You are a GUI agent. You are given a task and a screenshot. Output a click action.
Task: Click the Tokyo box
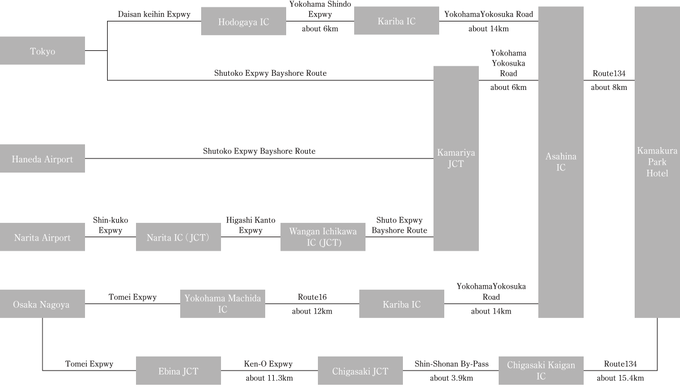pos(42,50)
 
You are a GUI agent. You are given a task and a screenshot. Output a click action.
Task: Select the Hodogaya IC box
pos(244,21)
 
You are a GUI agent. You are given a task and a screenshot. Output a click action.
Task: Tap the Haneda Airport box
pos(42,158)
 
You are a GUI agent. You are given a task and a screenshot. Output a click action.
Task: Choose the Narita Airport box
pos(42,237)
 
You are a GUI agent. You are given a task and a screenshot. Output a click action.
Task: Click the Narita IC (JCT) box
pos(178,237)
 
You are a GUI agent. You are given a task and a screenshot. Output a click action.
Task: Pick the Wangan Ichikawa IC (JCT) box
pos(323,237)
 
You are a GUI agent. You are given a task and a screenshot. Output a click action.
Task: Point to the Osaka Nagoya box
pos(42,304)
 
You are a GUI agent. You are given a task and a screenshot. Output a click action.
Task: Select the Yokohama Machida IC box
pos(223,304)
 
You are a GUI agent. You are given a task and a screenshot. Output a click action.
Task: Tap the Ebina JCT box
pos(178,371)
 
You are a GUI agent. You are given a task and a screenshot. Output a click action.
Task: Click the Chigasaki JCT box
pos(360,371)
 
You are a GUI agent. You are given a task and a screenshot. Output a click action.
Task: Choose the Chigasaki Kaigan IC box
pos(541,371)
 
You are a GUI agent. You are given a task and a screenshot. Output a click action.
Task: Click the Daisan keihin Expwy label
pos(154,14)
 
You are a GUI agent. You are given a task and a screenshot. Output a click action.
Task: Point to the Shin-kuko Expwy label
pos(110,225)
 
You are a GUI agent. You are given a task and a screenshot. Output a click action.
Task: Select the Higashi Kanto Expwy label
pos(250,225)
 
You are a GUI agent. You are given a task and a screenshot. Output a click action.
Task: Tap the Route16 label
pos(312,297)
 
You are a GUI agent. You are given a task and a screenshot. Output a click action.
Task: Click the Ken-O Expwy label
pos(269,364)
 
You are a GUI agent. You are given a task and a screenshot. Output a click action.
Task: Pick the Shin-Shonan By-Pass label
pos(452,364)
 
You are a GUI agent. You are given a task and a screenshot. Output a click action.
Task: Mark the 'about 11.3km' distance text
pos(269,378)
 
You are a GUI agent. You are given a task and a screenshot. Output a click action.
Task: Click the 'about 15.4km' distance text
pos(620,378)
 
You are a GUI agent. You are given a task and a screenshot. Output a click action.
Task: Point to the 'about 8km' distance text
pos(609,87)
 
